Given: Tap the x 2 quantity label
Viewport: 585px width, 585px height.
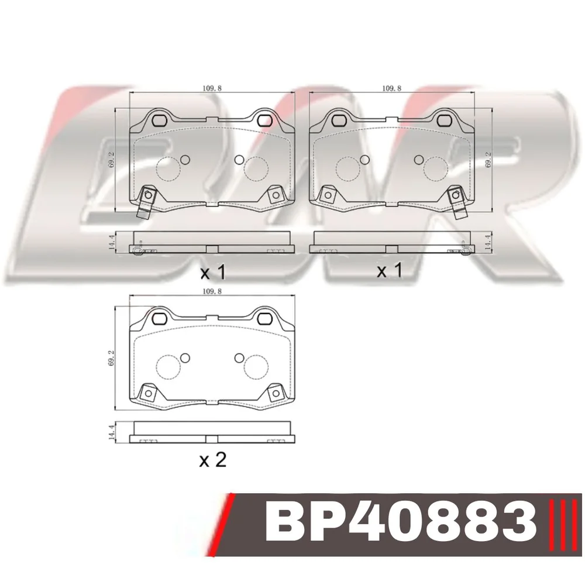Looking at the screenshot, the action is tap(213, 460).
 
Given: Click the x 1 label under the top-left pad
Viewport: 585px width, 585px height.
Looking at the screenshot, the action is tap(213, 273).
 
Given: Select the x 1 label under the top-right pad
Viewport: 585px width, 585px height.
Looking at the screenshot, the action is tap(390, 270).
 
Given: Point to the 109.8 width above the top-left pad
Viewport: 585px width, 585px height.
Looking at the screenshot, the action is tap(212, 88).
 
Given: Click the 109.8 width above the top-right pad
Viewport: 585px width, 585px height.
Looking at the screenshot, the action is tap(392, 88).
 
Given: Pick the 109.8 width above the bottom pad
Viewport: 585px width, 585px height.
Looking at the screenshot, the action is tap(212, 291).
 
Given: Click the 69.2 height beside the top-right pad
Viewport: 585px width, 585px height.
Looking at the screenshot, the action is tap(488, 160).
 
